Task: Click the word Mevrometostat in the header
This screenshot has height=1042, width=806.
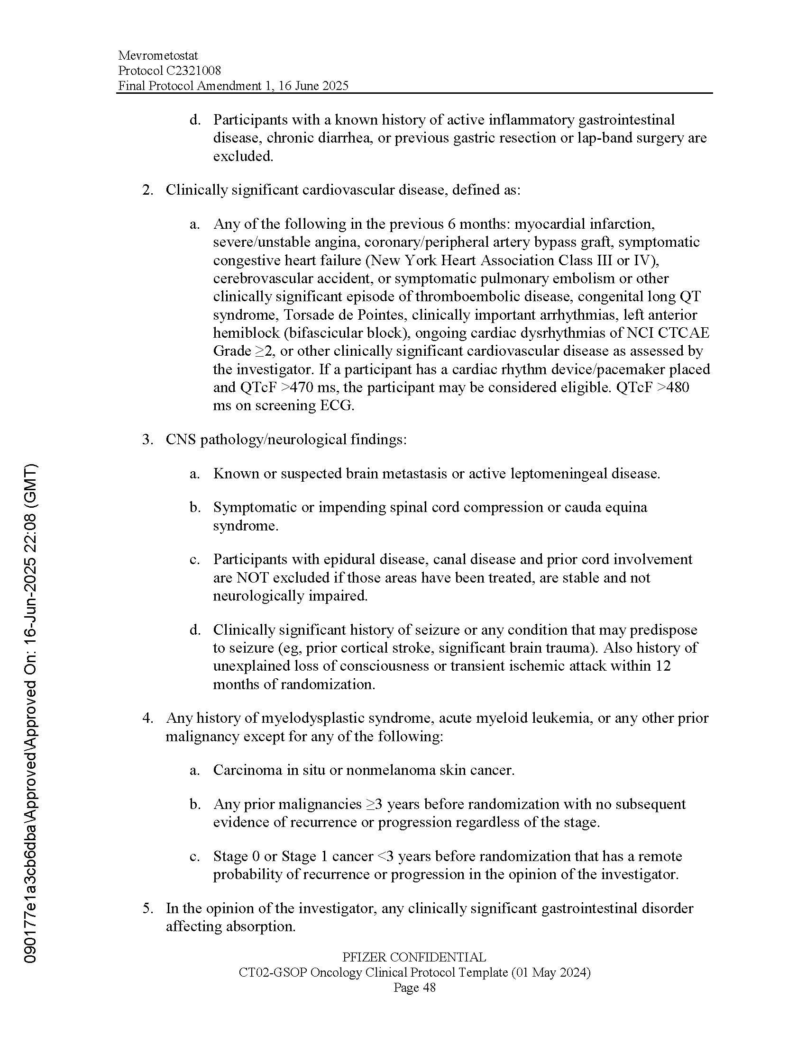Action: pos(158,56)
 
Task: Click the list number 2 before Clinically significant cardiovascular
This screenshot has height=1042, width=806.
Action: pos(147,190)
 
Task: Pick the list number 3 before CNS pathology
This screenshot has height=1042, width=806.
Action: pos(147,440)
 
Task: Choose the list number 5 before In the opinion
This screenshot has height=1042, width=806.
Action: pos(147,908)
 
